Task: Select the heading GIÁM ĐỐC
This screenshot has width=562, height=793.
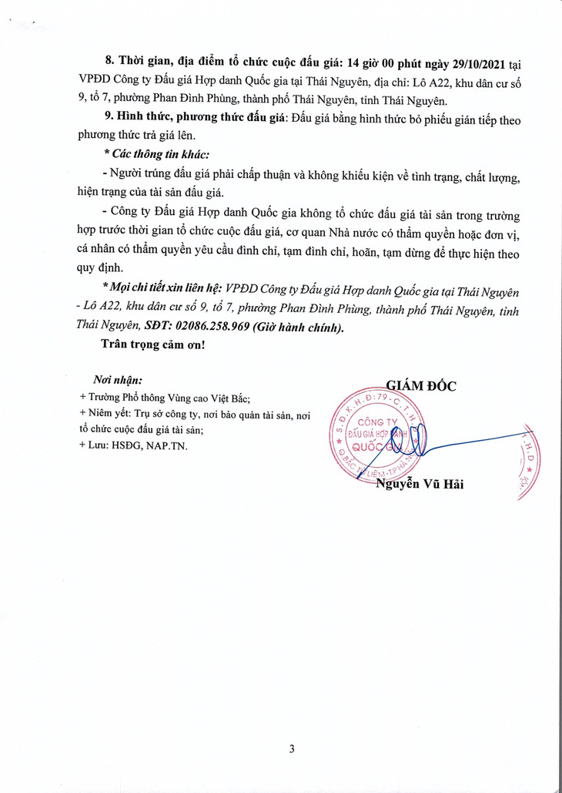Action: coord(420,386)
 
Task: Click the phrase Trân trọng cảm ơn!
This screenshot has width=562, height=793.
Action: coord(153,344)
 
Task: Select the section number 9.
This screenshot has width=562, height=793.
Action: coord(109,117)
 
